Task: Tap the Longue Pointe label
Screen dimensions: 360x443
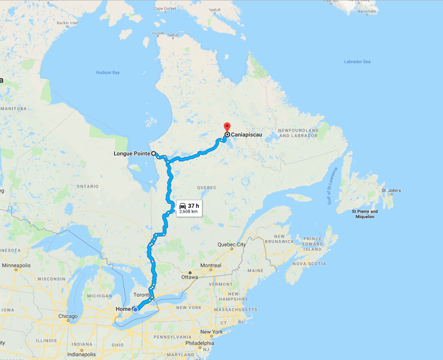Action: click(132, 154)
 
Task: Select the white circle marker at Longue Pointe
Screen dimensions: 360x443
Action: click(153, 154)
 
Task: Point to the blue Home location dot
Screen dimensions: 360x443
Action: click(135, 309)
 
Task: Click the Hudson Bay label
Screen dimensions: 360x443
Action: click(108, 72)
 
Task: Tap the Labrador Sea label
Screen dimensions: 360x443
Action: click(357, 62)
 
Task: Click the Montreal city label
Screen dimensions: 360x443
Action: click(210, 265)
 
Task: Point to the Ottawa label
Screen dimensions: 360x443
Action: click(189, 277)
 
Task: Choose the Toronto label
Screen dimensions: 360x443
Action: click(142, 294)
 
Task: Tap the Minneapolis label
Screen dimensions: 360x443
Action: click(16, 265)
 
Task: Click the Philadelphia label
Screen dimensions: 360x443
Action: click(199, 343)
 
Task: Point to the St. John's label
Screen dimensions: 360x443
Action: click(391, 190)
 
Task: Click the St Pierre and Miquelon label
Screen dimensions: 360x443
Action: click(365, 214)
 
